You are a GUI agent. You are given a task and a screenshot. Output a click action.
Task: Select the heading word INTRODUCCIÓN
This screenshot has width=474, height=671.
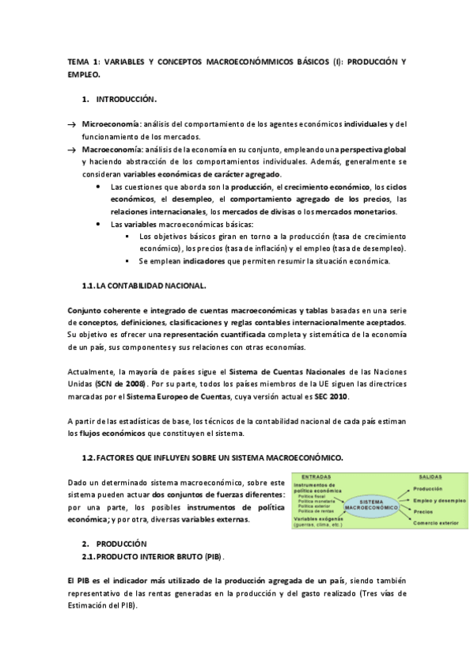[x=126, y=100]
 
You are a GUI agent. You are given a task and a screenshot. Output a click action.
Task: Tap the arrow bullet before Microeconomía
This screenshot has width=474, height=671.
[x=71, y=125]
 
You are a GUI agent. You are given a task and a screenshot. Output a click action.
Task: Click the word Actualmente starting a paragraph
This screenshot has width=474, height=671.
[x=91, y=371]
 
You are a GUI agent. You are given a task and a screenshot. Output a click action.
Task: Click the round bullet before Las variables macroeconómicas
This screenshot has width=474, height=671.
[x=97, y=225]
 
